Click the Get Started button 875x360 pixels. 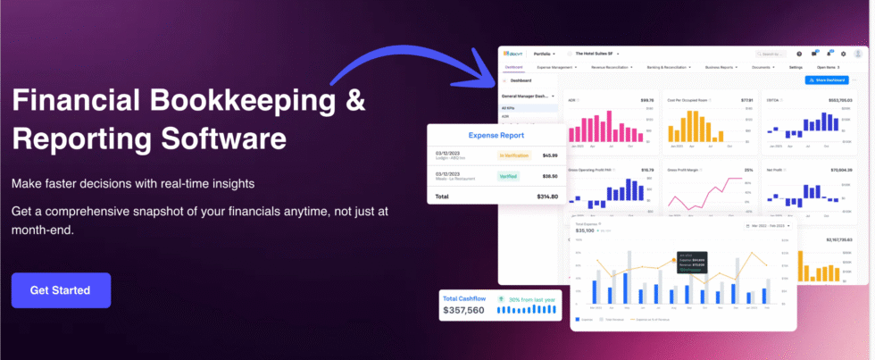point(61,290)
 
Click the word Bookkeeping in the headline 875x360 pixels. point(237,100)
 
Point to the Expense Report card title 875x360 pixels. point(496,136)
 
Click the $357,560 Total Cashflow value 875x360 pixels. point(463,311)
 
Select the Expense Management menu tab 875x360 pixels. point(556,67)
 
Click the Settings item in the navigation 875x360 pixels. point(796,67)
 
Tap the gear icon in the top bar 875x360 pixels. point(843,54)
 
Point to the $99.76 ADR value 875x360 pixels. point(647,100)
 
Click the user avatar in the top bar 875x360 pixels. point(858,54)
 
